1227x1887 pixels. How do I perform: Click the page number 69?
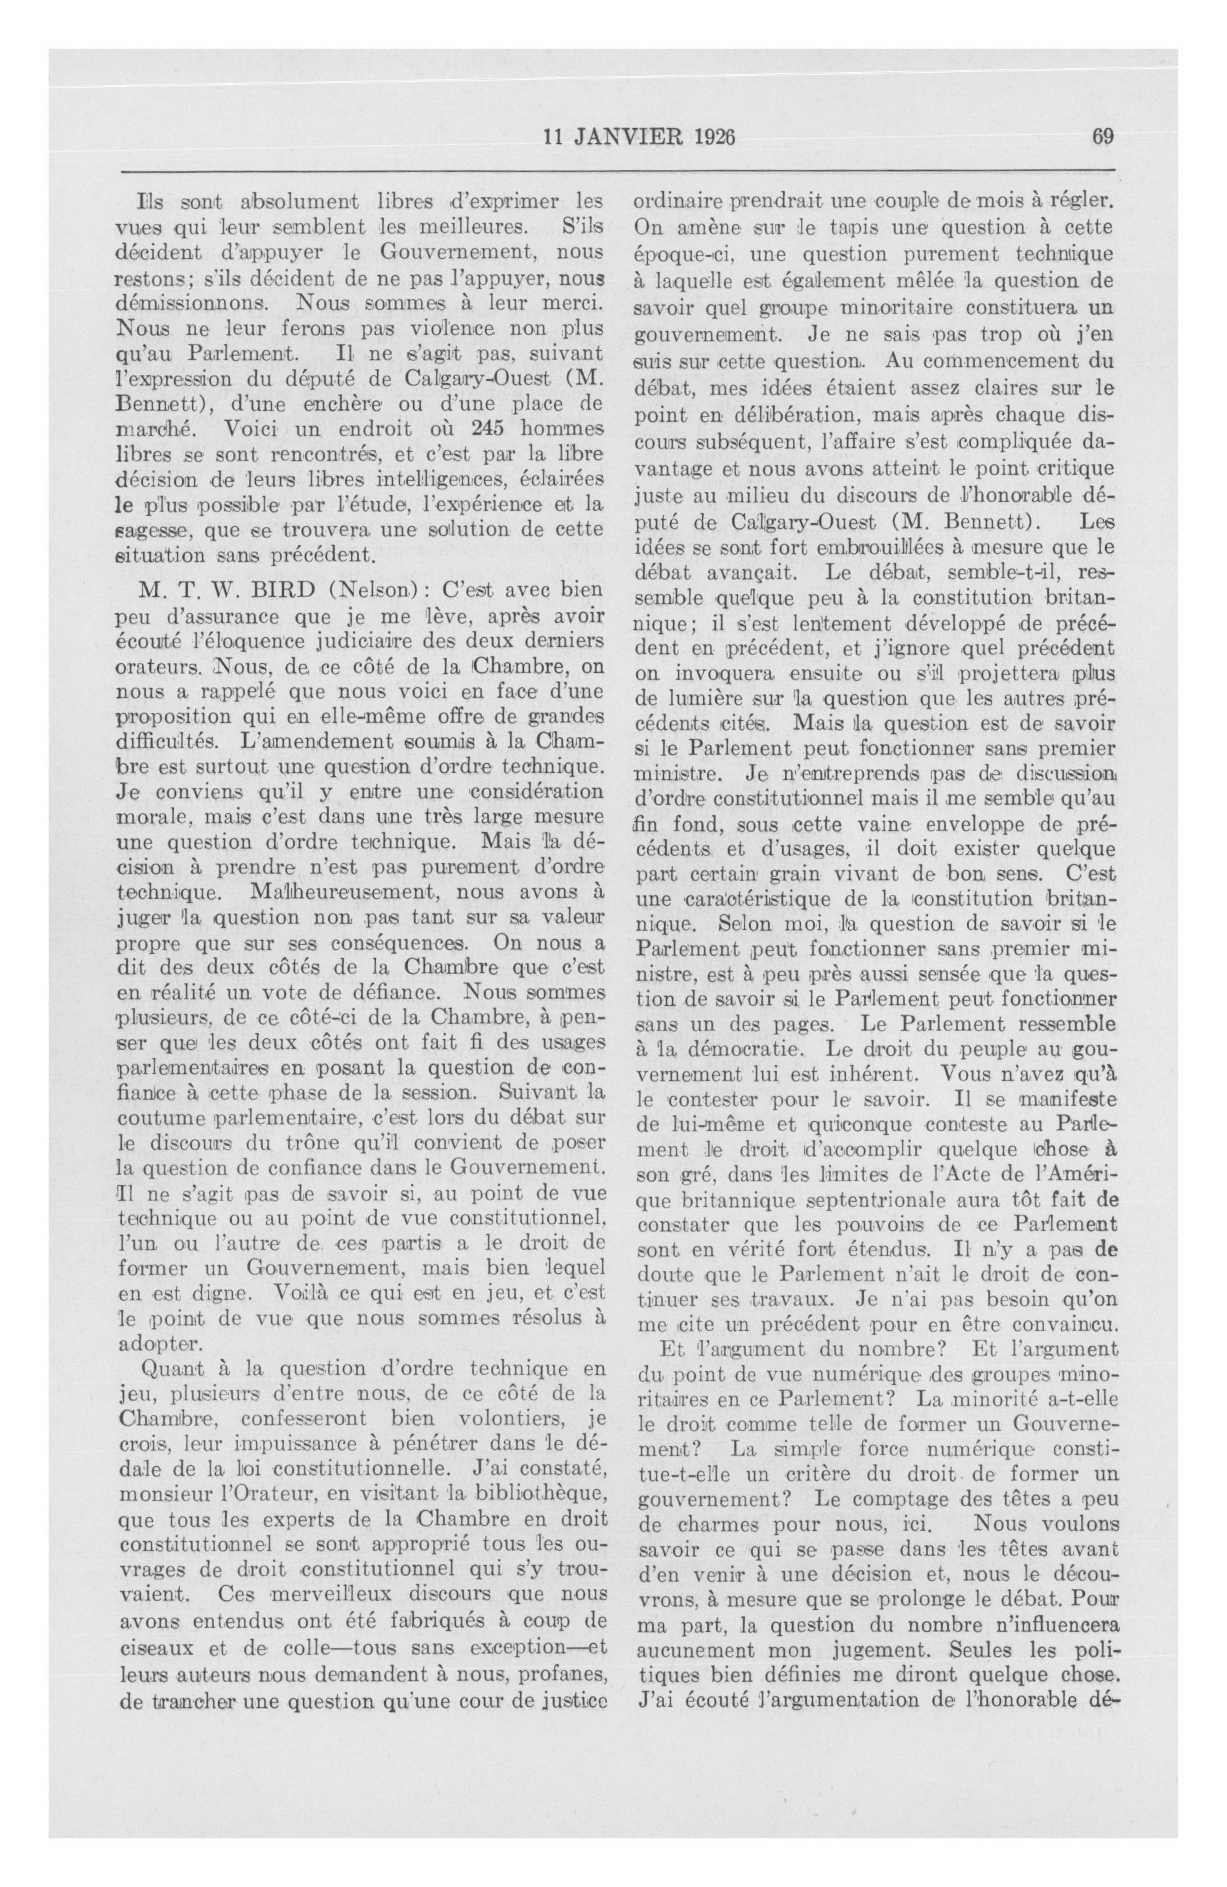tap(1103, 136)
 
